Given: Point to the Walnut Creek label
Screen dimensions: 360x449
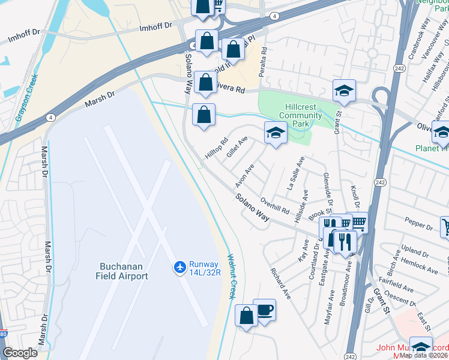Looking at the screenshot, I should pos(230,277).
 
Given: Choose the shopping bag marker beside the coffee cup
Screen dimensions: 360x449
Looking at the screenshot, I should pos(246,316).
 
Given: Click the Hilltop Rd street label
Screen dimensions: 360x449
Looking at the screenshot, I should pos(216,148).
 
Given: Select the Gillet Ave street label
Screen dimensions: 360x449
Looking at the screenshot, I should pos(237,146).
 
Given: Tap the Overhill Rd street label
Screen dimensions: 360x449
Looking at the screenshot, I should pos(276,206).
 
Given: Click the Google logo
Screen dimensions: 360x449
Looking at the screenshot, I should pos(20,353).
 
